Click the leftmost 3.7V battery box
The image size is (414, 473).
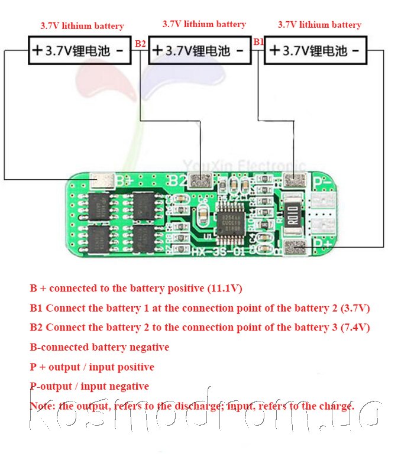pos(79,51)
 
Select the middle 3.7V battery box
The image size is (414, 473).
pos(199,51)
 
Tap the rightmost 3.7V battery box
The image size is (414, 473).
pos(315,51)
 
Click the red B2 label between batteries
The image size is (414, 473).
pos(140,43)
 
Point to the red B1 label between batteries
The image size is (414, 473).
pos(258,42)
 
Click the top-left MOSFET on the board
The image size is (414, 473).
pos(99,206)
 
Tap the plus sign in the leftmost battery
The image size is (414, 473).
pos(37,51)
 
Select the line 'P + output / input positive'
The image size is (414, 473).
pos(92,367)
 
